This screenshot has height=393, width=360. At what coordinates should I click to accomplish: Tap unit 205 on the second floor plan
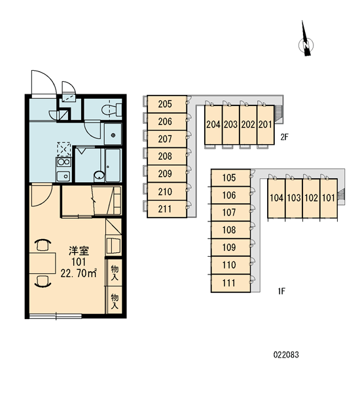click(167, 104)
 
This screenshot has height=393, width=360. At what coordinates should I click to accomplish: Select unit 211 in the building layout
click(167, 209)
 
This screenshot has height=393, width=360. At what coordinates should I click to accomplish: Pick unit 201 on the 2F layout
click(265, 125)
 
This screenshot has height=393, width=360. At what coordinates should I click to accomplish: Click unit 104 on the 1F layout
click(277, 198)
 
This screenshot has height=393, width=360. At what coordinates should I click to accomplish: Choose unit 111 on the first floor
click(231, 283)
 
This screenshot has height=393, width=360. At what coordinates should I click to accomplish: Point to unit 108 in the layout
click(231, 230)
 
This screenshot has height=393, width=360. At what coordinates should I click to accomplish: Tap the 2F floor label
click(284, 137)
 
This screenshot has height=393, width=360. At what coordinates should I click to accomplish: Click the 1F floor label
click(281, 291)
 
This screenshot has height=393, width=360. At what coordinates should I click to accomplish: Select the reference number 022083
click(286, 355)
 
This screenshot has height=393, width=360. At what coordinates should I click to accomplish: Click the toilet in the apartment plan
click(111, 110)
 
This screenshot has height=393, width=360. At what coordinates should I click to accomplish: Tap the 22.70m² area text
click(79, 273)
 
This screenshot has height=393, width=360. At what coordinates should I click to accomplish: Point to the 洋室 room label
click(79, 251)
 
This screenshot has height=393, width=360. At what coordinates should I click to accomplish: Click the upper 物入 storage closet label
click(115, 273)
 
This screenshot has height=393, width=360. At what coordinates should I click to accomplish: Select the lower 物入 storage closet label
click(115, 301)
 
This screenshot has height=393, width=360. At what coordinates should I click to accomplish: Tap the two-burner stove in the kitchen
click(63, 162)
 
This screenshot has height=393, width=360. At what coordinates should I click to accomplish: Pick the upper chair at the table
click(43, 245)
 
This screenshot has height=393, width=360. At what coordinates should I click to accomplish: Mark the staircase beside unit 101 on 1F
click(340, 196)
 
